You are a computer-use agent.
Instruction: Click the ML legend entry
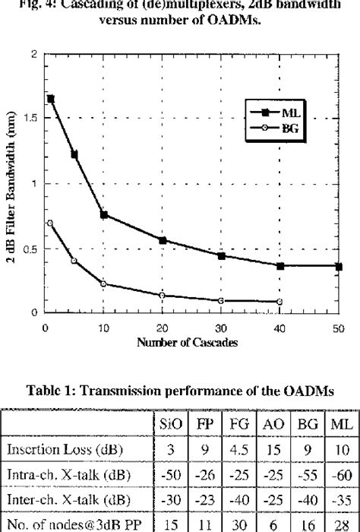[281, 112]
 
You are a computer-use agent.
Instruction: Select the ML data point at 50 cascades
[339, 266]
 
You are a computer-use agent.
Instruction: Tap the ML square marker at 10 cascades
[103, 214]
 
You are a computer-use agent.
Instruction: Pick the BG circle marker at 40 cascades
[280, 302]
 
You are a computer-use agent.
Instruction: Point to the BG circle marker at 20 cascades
[162, 295]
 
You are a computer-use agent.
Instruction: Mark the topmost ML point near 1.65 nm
[51, 99]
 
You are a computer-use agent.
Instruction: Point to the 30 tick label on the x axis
[221, 326]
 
